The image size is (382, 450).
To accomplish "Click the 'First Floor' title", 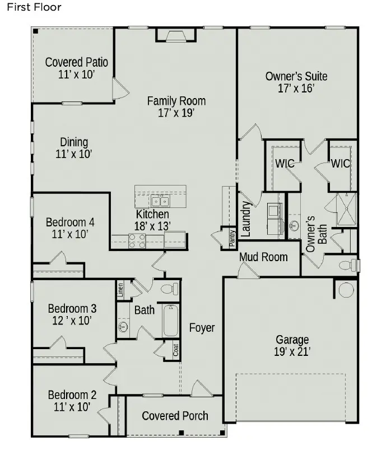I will click(x=34, y=7).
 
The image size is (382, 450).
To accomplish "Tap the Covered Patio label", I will click(x=76, y=62).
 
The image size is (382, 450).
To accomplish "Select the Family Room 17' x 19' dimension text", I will click(x=176, y=113).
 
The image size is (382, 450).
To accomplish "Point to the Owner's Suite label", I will click(x=296, y=76).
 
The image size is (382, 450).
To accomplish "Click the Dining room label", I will click(x=74, y=142).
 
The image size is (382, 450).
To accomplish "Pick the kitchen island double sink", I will click(x=160, y=201).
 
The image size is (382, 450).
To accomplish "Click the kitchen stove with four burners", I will click(x=137, y=241).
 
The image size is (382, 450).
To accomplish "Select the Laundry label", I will click(x=245, y=218).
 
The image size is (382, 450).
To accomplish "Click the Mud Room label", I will click(x=263, y=257).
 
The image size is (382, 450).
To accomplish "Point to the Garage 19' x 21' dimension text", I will click(x=292, y=352).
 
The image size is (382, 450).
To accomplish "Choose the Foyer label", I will click(x=202, y=328).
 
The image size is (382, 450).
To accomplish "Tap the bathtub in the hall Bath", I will click(x=170, y=321).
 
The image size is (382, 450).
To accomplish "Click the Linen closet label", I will click(x=120, y=290).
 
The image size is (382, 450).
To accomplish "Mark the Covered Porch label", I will click(x=175, y=416).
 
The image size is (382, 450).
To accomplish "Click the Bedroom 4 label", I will click(x=70, y=222).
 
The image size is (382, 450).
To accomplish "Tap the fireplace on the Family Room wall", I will click(x=175, y=36).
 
